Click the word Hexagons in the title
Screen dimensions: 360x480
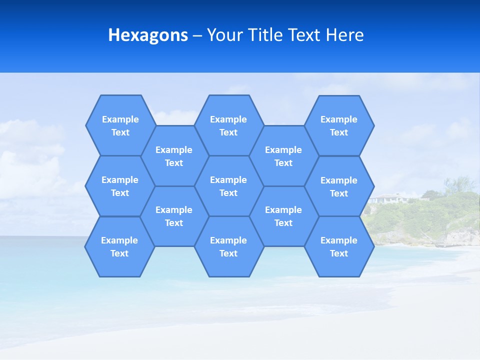pos(148,35)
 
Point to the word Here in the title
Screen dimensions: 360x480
pos(345,35)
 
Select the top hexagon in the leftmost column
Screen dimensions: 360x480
pos(120,125)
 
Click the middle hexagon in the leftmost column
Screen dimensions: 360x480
pos(120,186)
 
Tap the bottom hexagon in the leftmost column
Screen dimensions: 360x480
pos(119,246)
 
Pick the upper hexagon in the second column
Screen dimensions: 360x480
pos(174,156)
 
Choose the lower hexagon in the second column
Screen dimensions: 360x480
pos(174,216)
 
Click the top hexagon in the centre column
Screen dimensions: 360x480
pos(228,125)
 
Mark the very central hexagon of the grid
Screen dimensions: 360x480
pos(228,186)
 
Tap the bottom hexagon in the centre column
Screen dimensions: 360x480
pos(228,246)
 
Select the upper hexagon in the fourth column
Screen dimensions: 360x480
pos(283,156)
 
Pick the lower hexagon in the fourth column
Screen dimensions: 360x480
pos(283,216)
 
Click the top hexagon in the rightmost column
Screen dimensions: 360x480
pos(339,125)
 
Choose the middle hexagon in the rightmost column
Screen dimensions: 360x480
pos(339,186)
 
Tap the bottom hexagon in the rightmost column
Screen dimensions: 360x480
pos(339,246)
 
